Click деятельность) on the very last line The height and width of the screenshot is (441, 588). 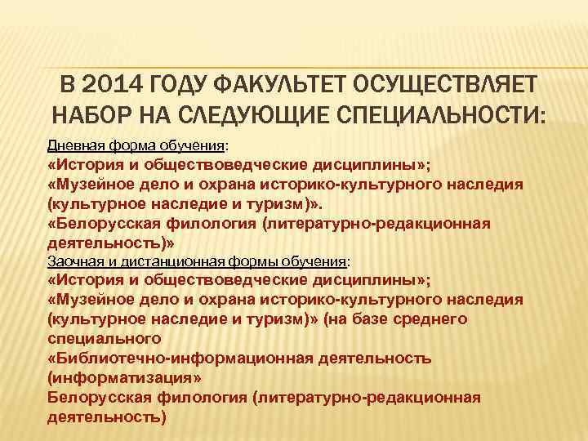pyautogui.click(x=106, y=416)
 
